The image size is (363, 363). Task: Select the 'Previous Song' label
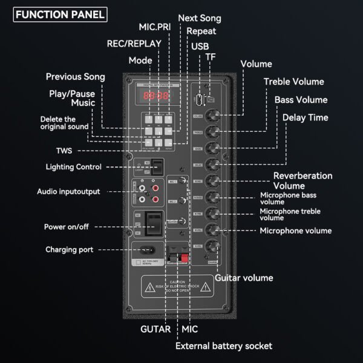pyautogui.click(x=76, y=77)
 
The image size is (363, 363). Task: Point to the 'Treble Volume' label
pyautogui.click(x=293, y=82)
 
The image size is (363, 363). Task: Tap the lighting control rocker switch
pyautogui.click(x=157, y=166)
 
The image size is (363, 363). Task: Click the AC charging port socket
pyautogui.click(x=146, y=249)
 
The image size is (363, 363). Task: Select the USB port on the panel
pyautogui.click(x=198, y=99)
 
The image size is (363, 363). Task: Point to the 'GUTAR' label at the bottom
pyautogui.click(x=155, y=329)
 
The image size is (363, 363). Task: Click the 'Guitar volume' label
pyautogui.click(x=244, y=278)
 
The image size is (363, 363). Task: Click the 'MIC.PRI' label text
pyautogui.click(x=154, y=28)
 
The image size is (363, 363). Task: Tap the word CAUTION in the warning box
pyautogui.click(x=177, y=282)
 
